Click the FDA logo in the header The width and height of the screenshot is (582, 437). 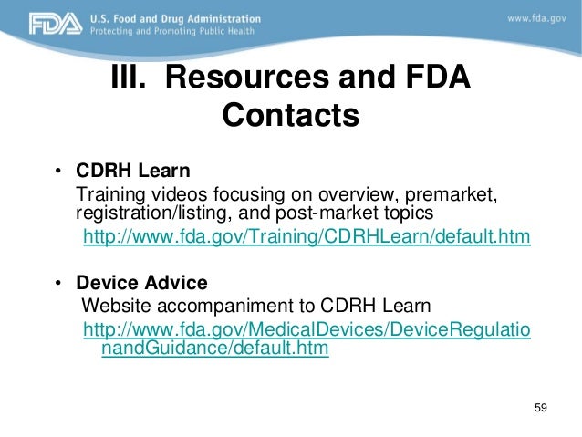click(34, 25)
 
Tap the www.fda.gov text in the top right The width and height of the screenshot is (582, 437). click(538, 17)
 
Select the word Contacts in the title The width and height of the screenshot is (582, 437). click(291, 117)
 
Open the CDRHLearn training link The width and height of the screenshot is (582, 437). click(307, 238)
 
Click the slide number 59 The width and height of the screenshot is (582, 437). click(540, 406)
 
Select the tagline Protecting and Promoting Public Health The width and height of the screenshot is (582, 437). click(172, 32)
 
